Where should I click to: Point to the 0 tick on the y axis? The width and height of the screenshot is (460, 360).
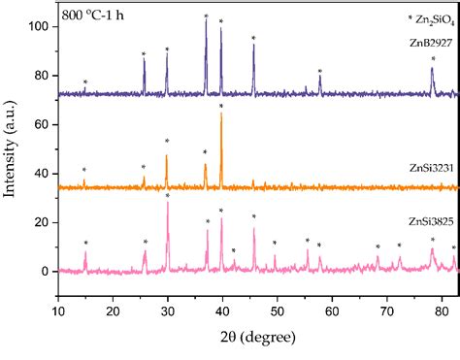click(47, 272)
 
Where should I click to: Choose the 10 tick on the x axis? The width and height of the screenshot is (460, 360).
click(58, 311)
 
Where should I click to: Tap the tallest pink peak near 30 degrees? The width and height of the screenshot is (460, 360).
click(168, 203)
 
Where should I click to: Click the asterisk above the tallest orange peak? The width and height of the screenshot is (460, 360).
click(221, 106)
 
